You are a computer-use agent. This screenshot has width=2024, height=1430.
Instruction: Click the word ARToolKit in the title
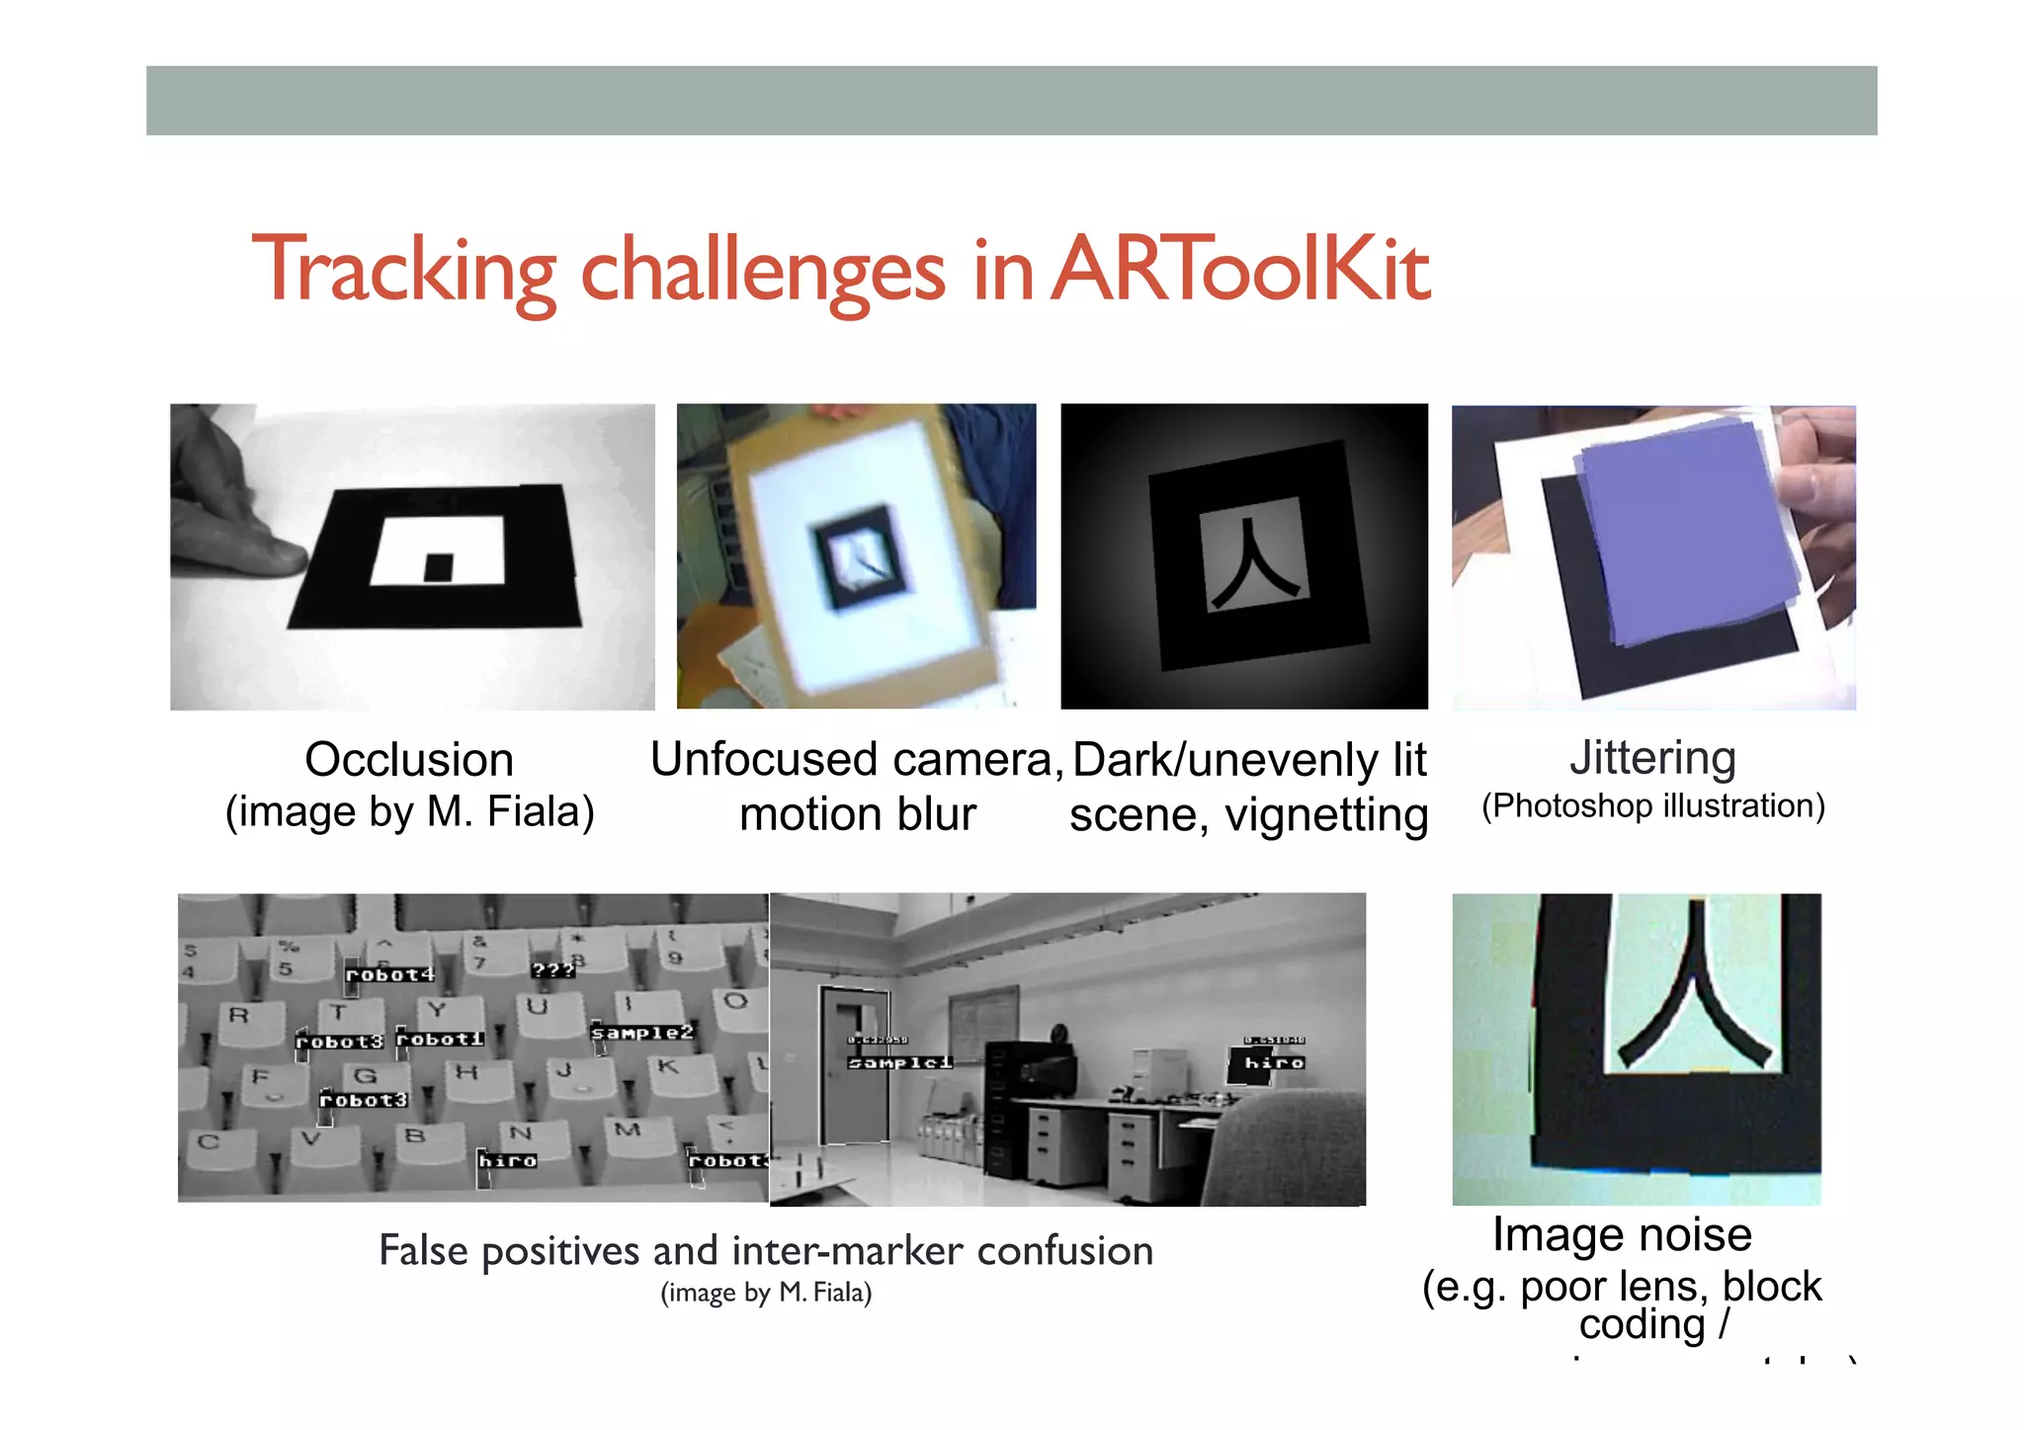(1240, 269)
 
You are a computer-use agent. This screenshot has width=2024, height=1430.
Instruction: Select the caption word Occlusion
(409, 760)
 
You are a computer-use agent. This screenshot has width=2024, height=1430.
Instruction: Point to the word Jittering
(1652, 758)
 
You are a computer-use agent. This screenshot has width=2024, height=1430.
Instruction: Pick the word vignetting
(1326, 816)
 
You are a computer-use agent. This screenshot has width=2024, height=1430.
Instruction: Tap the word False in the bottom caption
(423, 1251)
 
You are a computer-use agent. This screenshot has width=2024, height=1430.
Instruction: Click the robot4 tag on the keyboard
(389, 974)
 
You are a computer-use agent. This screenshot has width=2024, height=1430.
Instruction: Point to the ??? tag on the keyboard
(552, 970)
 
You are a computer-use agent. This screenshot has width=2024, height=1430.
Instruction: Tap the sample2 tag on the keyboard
(642, 1033)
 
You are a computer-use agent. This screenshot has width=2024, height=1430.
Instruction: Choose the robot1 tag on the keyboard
(440, 1040)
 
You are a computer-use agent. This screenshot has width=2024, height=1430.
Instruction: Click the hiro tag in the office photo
(1274, 1062)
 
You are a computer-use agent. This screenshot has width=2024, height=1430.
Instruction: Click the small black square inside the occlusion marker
(438, 567)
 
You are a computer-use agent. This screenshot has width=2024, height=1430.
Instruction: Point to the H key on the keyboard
(466, 1071)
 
